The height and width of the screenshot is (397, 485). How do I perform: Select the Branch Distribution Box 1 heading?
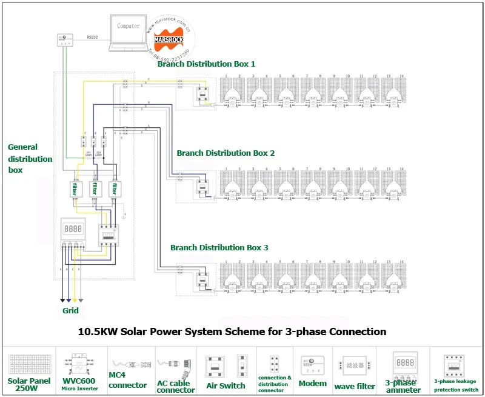tap(206, 64)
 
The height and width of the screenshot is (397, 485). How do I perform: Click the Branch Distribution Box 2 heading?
tap(226, 153)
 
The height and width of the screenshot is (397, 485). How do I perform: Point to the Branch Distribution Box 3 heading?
tap(219, 247)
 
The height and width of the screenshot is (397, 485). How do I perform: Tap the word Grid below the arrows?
tap(70, 310)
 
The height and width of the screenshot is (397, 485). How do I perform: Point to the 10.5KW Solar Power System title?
tap(232, 332)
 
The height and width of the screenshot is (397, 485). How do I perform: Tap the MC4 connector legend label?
tap(127, 381)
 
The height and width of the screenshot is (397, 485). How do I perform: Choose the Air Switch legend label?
tap(226, 385)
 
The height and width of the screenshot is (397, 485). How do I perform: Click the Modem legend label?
tap(313, 384)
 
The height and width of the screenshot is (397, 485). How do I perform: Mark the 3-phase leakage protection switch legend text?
tap(456, 385)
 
